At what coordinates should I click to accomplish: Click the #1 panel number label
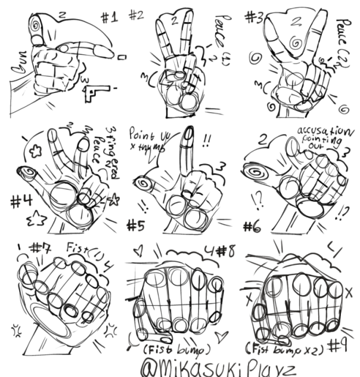tap(109, 17)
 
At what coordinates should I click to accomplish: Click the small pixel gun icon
tap(97, 92)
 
